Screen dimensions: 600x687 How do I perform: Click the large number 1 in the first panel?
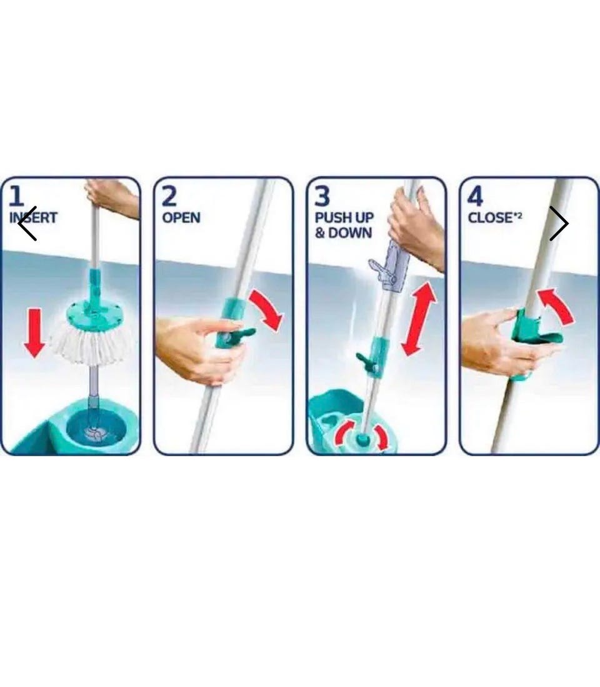tap(16, 196)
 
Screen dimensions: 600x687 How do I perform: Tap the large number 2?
tap(169, 196)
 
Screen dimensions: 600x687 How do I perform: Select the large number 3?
tap(322, 196)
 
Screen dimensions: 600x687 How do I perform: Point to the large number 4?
tap(475, 196)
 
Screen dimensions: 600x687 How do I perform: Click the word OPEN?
tap(181, 218)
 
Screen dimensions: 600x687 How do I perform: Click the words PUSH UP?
tap(344, 218)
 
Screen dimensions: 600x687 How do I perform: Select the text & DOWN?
tap(343, 233)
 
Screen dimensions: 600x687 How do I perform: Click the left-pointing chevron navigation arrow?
tap(27, 223)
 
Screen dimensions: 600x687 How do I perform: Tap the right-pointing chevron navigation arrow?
tap(559, 223)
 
